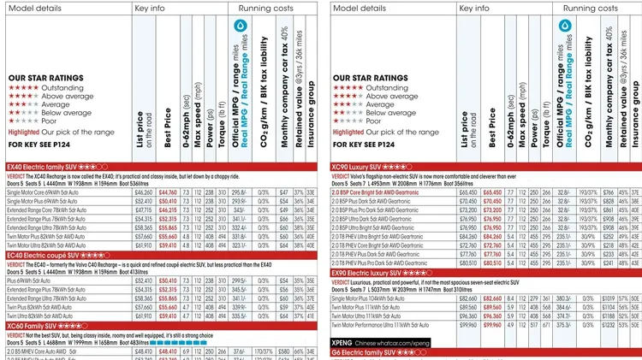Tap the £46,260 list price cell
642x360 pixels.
143,194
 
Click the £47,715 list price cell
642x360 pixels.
143,210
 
